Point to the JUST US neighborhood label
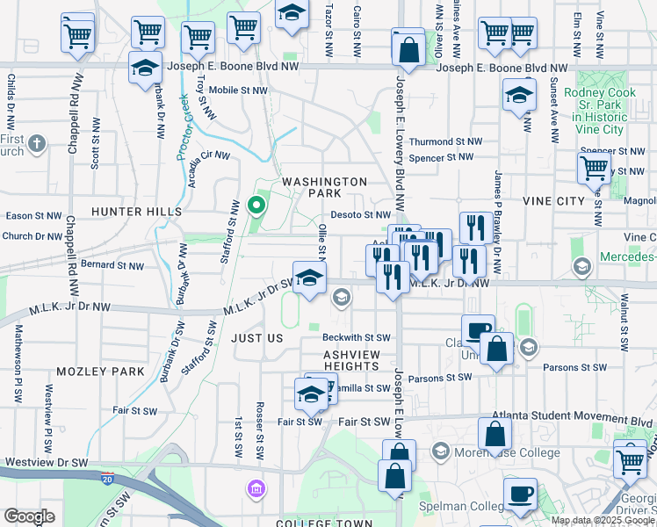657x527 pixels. pos(257,338)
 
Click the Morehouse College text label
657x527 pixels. pos(507,453)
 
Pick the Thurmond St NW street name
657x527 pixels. pos(446,141)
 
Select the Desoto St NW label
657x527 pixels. pos(361,214)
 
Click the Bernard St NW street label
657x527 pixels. pos(112,264)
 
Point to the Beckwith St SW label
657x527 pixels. pos(356,337)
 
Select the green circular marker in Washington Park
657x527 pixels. pos(256,206)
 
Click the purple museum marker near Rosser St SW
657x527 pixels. pos(256,487)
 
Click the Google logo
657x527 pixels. pos(29,516)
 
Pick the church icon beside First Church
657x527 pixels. pos(36,142)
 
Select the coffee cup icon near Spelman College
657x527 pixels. pos(520,494)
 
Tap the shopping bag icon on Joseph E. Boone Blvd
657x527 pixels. pos(408,49)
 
